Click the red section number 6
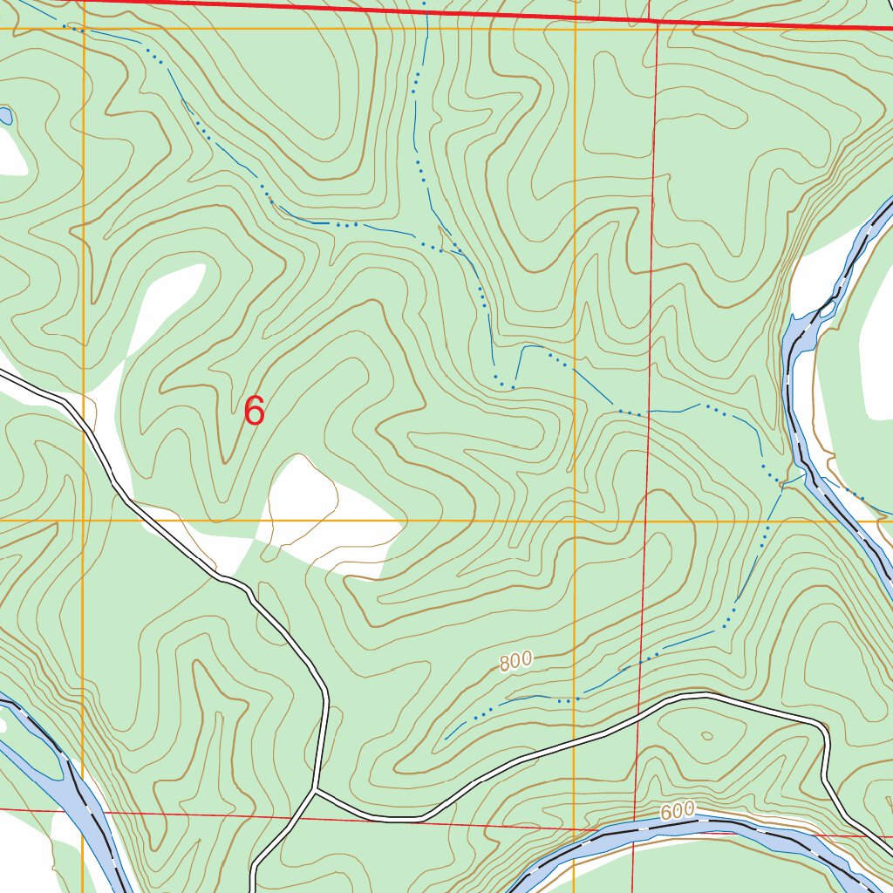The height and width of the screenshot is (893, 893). pyautogui.click(x=254, y=411)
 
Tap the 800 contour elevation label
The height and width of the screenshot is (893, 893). pyautogui.click(x=515, y=662)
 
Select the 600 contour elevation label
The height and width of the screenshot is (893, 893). pyautogui.click(x=677, y=811)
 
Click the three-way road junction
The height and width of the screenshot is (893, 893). pyautogui.click(x=316, y=792)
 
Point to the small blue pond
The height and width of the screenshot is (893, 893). pyautogui.click(x=5, y=116)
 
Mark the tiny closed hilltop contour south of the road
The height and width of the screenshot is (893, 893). pyautogui.click(x=706, y=736)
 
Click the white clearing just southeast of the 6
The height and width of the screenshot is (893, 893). pyautogui.click(x=314, y=515)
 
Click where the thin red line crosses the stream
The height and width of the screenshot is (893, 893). pyautogui.click(x=650, y=413)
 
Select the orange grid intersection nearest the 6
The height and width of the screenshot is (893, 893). pyautogui.click(x=84, y=521)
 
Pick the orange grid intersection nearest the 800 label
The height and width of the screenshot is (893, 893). pyautogui.click(x=575, y=521)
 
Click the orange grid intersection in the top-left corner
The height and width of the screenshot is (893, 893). pyautogui.click(x=84, y=29)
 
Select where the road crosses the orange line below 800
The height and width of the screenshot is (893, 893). pyautogui.click(x=575, y=740)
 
